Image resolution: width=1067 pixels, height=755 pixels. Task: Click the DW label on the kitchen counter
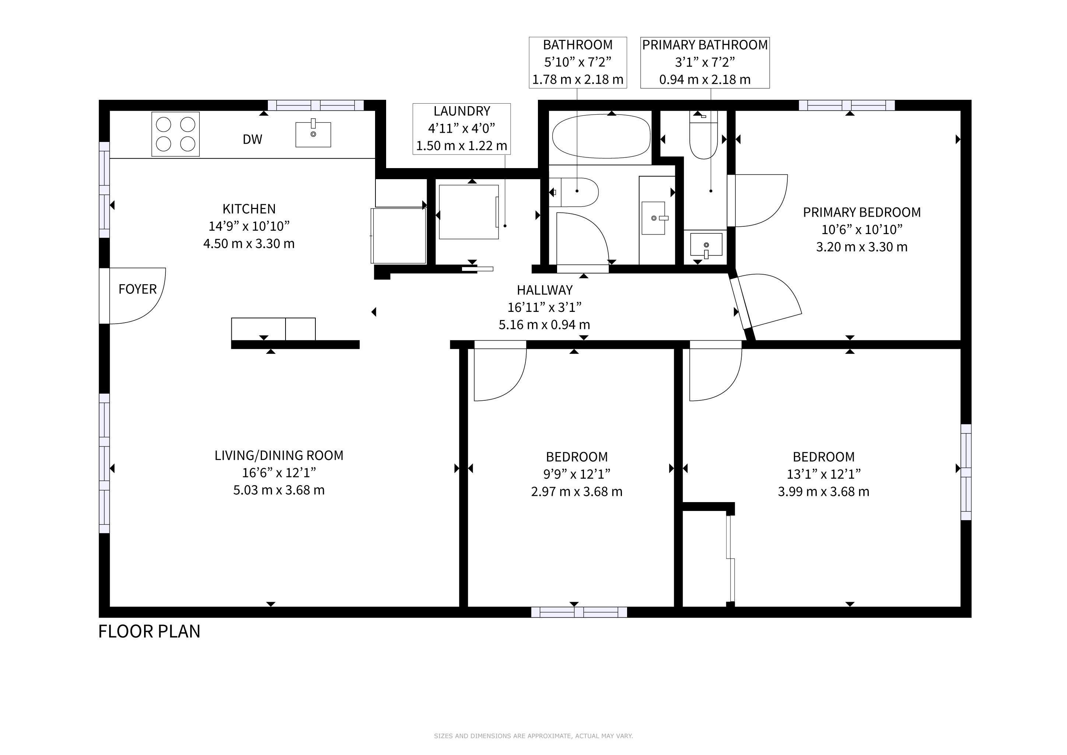[252, 139]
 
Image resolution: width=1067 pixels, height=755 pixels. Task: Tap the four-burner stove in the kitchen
[176, 134]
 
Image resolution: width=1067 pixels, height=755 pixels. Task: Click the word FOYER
[137, 289]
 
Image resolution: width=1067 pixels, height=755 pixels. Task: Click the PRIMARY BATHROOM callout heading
[705, 45]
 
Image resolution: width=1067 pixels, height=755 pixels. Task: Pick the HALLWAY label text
[545, 290]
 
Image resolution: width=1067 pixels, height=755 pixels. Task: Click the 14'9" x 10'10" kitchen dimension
[249, 226]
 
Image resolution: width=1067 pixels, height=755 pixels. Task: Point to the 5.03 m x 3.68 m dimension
[279, 490]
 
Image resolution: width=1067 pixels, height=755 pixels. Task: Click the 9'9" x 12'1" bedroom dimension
[577, 474]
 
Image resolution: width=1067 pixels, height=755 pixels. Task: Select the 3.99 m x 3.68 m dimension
[823, 491]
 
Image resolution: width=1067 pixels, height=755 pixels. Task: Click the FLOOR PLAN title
[149, 632]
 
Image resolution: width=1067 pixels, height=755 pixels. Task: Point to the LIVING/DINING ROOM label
[279, 456]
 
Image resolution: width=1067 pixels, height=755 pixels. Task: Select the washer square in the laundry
[469, 212]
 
